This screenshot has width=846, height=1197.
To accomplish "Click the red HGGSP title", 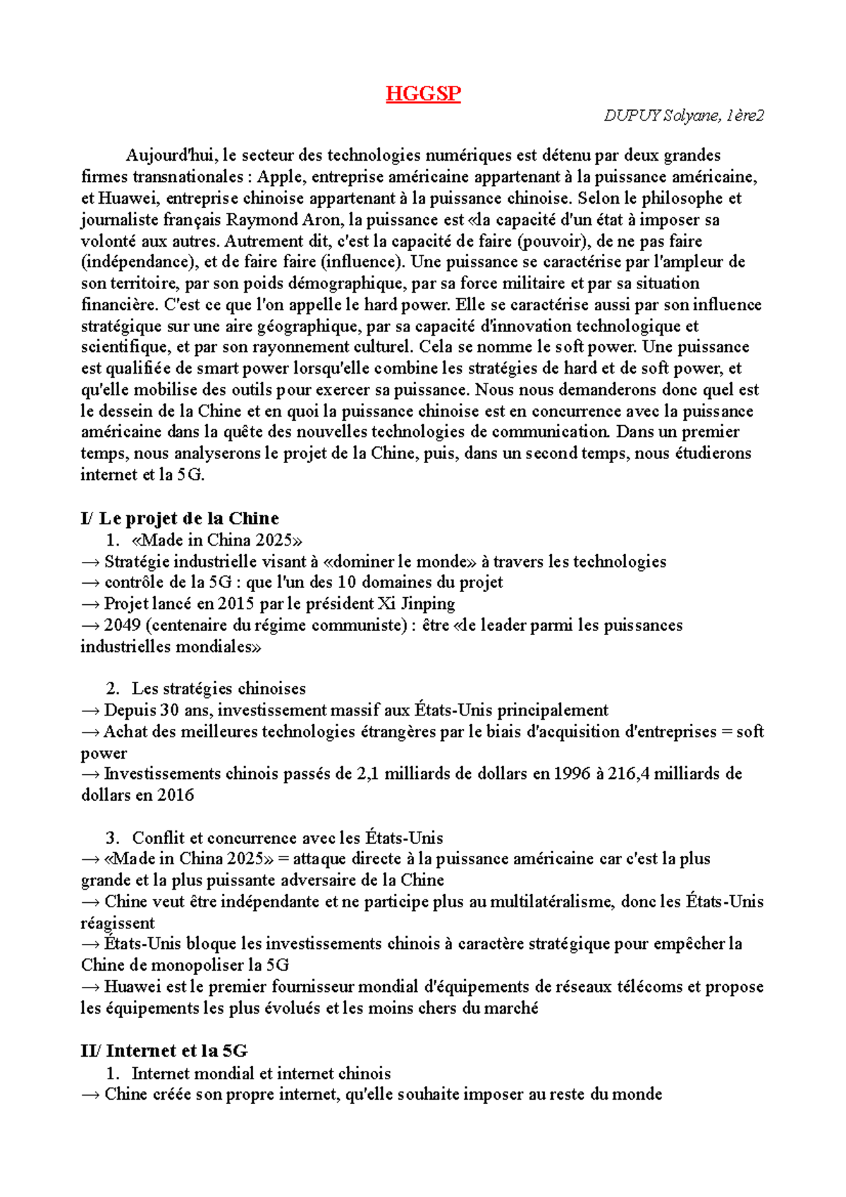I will pyautogui.click(x=423, y=94).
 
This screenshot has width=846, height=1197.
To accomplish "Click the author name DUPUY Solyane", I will pyautogui.click(x=660, y=116).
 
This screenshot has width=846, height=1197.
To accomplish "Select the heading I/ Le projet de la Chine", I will pyautogui.click(x=180, y=518).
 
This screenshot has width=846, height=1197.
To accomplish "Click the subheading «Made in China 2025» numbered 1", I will pyautogui.click(x=216, y=541).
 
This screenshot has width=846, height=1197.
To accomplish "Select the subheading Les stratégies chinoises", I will pyautogui.click(x=219, y=689).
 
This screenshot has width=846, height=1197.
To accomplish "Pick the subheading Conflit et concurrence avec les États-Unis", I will pyautogui.click(x=288, y=838).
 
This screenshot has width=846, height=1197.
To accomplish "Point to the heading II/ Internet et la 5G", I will pyautogui.click(x=164, y=1051).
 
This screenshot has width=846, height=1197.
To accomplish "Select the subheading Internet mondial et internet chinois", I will pyautogui.click(x=261, y=1074).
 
